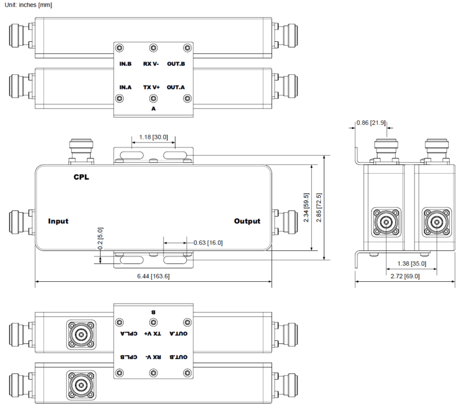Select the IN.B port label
126,64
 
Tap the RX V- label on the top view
151,64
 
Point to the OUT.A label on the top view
176,87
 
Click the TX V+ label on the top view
151,87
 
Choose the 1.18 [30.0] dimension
153,137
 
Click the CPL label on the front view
81,178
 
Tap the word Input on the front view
58,221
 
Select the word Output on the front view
247,221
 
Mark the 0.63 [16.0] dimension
208,243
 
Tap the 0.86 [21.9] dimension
371,123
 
